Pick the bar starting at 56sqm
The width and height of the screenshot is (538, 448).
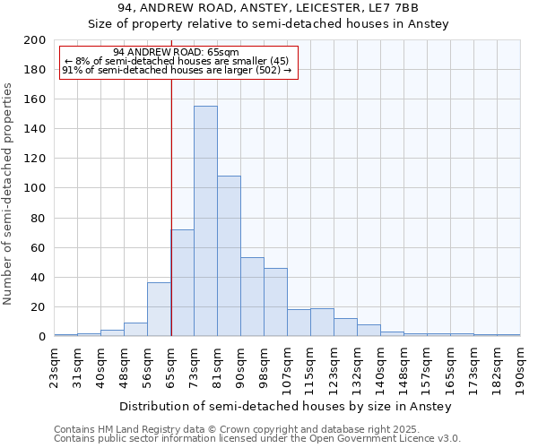coord(159,310)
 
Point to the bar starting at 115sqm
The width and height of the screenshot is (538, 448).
coord(322,323)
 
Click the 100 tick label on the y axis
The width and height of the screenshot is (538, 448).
coord(35,188)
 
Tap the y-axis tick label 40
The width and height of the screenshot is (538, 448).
coord(39,278)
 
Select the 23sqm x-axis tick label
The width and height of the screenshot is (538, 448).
coord(55,365)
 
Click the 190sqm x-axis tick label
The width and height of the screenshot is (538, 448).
coord(521,367)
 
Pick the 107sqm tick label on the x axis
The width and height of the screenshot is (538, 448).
coord(288,367)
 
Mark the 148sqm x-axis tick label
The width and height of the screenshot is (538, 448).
coord(404,367)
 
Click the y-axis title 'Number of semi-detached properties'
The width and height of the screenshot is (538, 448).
coord(9,194)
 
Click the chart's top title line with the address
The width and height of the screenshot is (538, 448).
coord(268,8)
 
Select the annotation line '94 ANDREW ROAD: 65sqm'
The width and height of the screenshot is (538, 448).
coord(177,53)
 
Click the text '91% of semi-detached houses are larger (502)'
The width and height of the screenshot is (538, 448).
coord(177,70)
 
